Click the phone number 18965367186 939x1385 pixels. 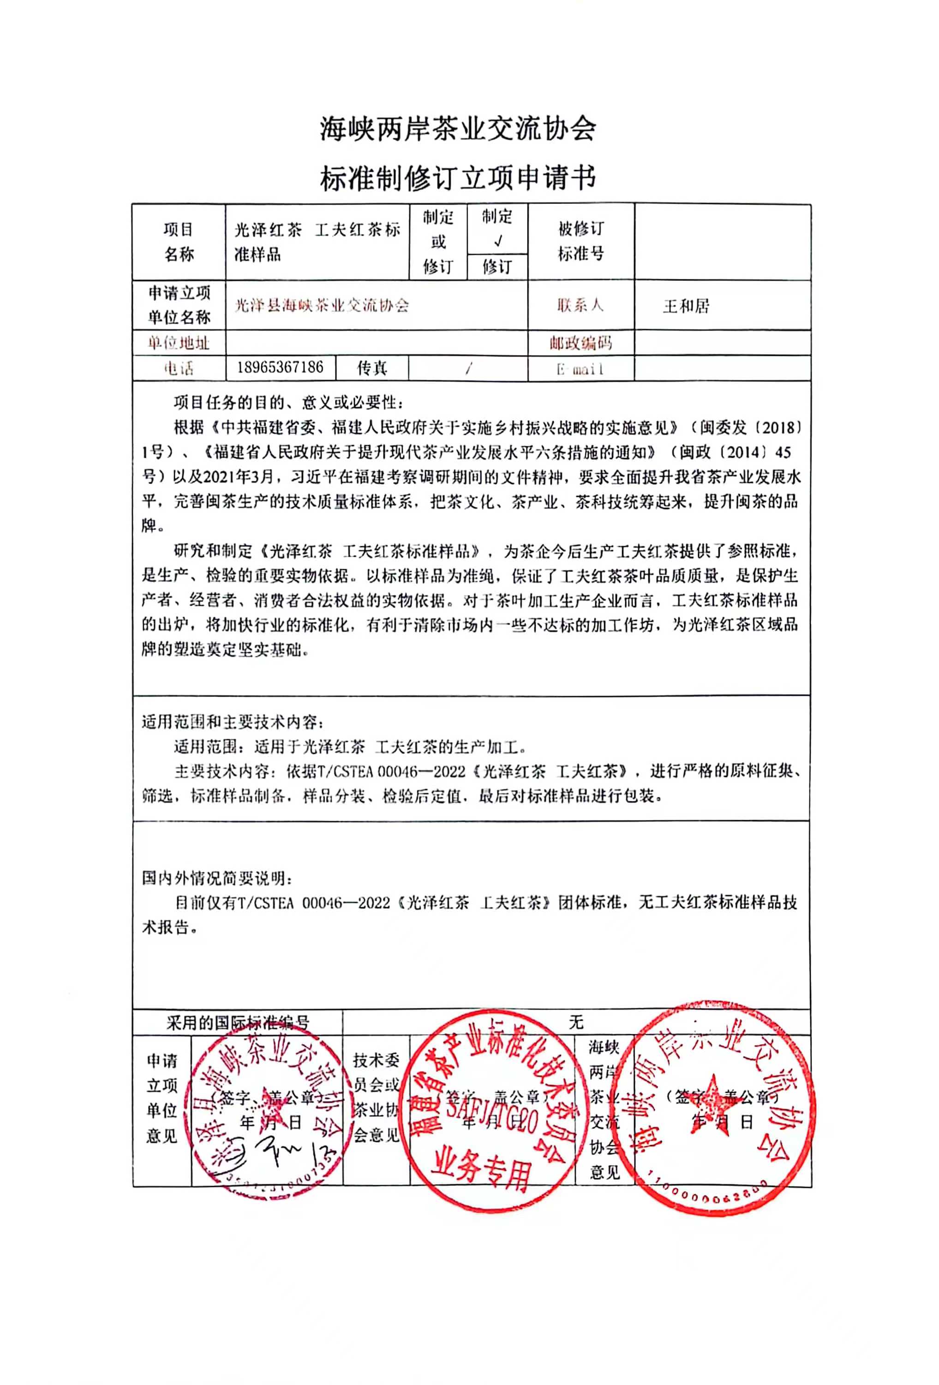click(x=280, y=367)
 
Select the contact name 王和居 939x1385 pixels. click(x=685, y=306)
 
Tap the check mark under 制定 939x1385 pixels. click(x=498, y=241)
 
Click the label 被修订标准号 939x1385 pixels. click(x=580, y=241)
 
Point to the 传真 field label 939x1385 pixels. click(x=372, y=367)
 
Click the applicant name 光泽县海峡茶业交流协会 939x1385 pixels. click(x=322, y=306)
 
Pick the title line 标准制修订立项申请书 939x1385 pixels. click(x=458, y=178)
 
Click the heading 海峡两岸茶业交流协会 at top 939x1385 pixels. click(x=458, y=128)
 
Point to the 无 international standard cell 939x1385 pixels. click(x=575, y=1022)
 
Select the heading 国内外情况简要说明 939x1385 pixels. click(x=217, y=878)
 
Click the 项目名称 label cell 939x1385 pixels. click(x=179, y=242)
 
